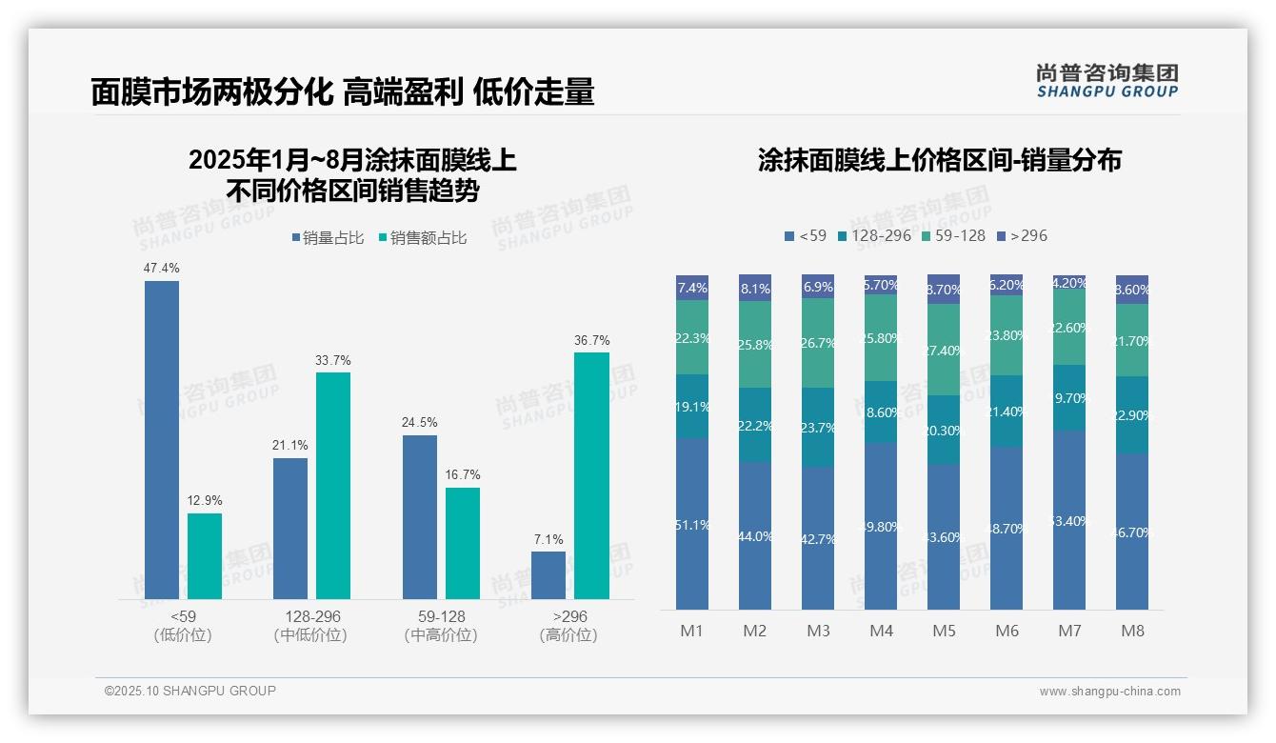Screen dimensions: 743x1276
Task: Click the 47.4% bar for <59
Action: pyautogui.click(x=162, y=439)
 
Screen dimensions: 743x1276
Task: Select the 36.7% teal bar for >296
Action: pyautogui.click(x=591, y=475)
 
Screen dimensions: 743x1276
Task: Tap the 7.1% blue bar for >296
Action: pyautogui.click(x=548, y=575)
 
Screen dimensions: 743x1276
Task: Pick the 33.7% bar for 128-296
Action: pyautogui.click(x=333, y=485)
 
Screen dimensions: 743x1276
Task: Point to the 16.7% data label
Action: pyautogui.click(x=463, y=474)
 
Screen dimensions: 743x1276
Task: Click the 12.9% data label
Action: pyautogui.click(x=205, y=500)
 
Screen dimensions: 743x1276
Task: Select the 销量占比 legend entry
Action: pyautogui.click(x=328, y=238)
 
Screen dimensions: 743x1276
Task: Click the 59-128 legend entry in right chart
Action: pyautogui.click(x=954, y=235)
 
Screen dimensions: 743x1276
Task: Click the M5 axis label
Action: pyautogui.click(x=944, y=631)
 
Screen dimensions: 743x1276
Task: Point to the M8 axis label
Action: pyautogui.click(x=1132, y=631)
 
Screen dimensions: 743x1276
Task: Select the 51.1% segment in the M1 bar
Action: pyautogui.click(x=692, y=524)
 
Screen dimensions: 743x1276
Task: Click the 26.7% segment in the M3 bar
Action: pyautogui.click(x=818, y=343)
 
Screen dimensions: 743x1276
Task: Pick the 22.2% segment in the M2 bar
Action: pyautogui.click(x=755, y=426)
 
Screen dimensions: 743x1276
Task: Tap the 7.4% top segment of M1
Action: pyautogui.click(x=692, y=288)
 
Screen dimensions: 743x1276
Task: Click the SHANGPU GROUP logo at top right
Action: pyautogui.click(x=1107, y=81)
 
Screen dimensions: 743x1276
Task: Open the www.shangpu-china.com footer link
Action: pyautogui.click(x=1109, y=692)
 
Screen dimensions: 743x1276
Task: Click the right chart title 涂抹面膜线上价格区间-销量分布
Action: pyautogui.click(x=939, y=160)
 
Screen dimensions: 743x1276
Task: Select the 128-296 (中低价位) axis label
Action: pyautogui.click(x=309, y=626)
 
